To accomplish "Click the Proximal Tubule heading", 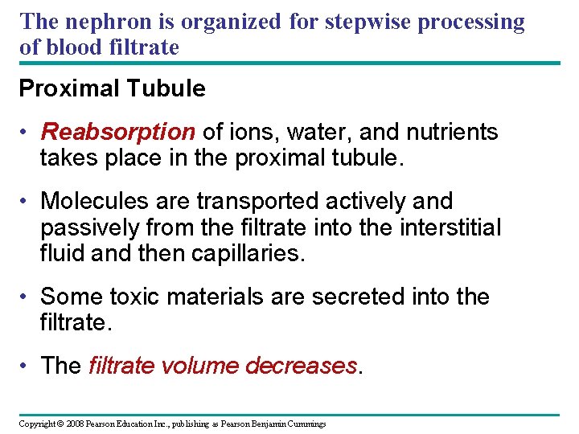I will pos(112,88).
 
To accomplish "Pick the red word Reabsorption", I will pos(118,132).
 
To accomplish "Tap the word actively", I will pos(347,201).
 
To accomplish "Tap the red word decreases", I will pos(301,366).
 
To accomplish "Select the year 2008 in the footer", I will pos(76,424).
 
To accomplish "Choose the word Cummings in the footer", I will pos(305,424).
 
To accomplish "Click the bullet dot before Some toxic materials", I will pos(27,297).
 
